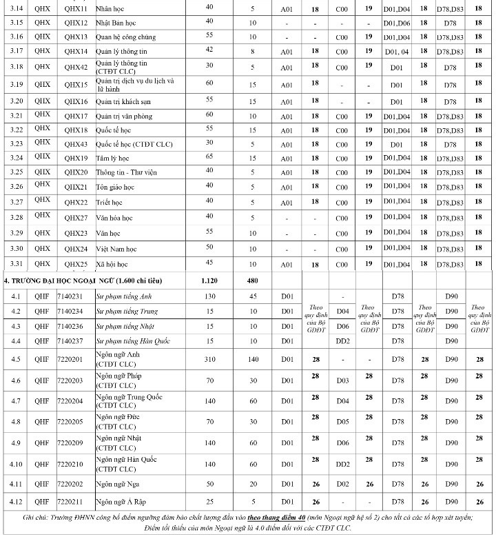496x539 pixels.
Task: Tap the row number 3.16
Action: [x=14, y=37]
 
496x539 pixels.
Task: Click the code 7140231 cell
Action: [x=71, y=296]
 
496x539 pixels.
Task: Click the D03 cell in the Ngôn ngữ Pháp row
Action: [x=342, y=380]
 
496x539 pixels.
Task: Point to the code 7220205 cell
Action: [x=71, y=421]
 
